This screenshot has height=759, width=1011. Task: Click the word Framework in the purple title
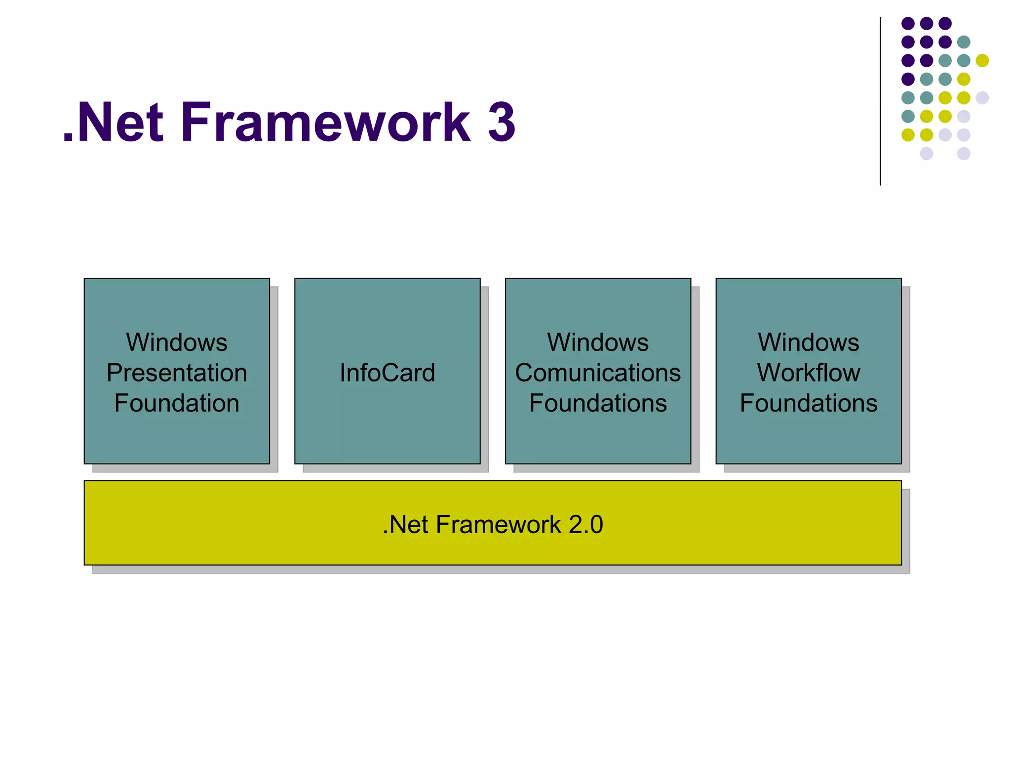[326, 122]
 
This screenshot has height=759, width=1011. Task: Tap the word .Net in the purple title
[114, 122]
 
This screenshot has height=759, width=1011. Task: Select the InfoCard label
[388, 373]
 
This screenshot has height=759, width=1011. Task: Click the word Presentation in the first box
[177, 373]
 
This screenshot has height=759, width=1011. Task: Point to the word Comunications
[598, 373]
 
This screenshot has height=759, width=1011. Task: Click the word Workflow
[809, 373]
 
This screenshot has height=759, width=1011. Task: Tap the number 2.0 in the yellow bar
[585, 524]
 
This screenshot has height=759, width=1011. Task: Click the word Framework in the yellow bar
[499, 524]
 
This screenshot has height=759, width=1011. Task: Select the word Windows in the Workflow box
[809, 342]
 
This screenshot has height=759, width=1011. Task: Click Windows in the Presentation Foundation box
[177, 342]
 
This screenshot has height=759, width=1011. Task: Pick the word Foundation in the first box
[177, 403]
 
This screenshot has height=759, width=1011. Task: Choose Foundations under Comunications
[598, 403]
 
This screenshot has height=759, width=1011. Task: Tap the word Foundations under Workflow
[809, 403]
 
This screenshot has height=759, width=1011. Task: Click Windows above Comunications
[598, 342]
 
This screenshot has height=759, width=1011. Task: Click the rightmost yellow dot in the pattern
[982, 60]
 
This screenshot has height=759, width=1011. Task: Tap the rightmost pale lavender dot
[982, 98]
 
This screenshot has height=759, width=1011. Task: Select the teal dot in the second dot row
[964, 42]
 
